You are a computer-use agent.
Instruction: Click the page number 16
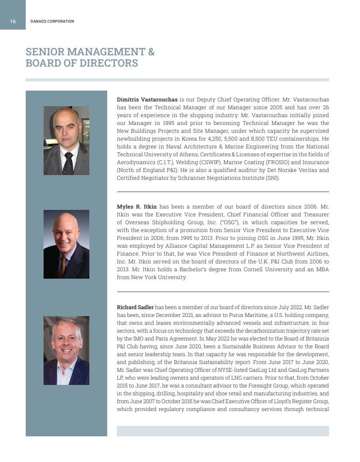point(13,21)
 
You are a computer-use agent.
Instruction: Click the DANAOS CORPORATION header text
point(52,21)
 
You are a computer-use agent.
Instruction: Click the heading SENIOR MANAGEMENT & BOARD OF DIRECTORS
point(90,57)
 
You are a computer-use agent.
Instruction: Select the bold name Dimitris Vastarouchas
point(147,100)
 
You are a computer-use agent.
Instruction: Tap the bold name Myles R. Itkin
point(137,206)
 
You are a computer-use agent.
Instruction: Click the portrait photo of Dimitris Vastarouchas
point(66,140)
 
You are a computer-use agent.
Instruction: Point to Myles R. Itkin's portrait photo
point(66,244)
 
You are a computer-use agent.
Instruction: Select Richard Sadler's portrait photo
point(66,350)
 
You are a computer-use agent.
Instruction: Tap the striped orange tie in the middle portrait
point(63,266)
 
